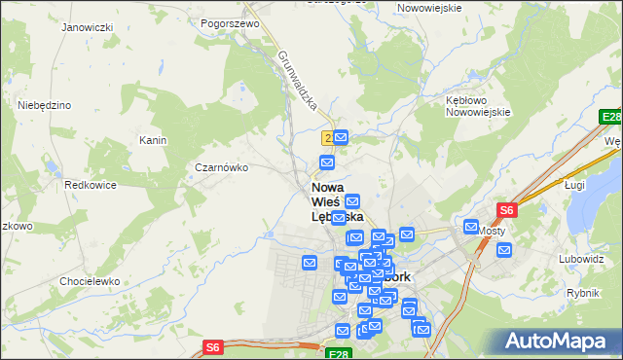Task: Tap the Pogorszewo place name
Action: pyautogui.click(x=228, y=22)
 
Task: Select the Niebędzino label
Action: pyautogui.click(x=44, y=104)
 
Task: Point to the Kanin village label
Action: pyautogui.click(x=153, y=140)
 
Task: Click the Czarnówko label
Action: pyautogui.click(x=222, y=167)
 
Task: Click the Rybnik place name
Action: pyautogui.click(x=582, y=292)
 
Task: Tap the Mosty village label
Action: pyautogui.click(x=491, y=231)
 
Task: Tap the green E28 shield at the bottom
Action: pyautogui.click(x=338, y=355)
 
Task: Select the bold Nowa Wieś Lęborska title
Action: pyautogui.click(x=337, y=201)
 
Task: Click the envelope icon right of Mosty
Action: pyautogui.click(x=504, y=250)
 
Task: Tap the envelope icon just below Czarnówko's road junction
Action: pyautogui.click(x=328, y=162)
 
